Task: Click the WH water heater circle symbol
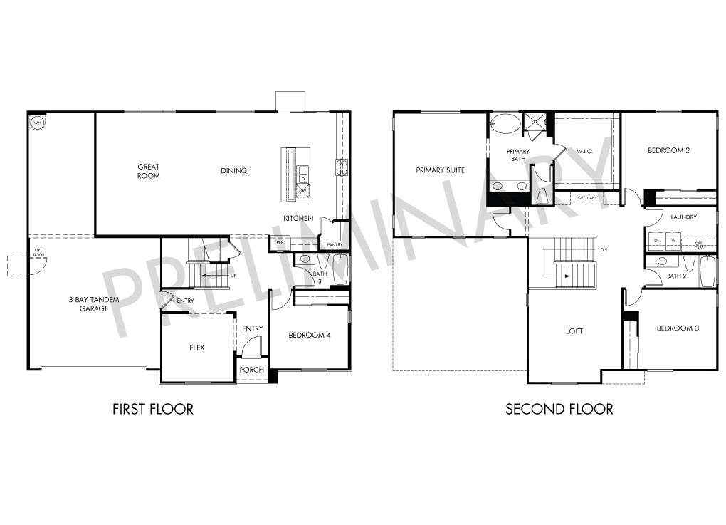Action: pos(36,123)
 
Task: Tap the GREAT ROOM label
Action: pos(149,171)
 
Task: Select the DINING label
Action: pos(233,171)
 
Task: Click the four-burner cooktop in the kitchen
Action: pos(341,167)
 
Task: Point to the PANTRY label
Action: pos(334,245)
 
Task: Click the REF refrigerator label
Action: pos(280,243)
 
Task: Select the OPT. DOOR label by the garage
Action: pos(38,251)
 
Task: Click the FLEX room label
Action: pos(197,348)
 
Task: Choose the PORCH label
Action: pos(251,370)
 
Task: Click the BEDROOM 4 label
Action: pos(309,335)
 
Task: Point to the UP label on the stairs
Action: pos(233,275)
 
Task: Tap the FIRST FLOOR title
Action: pos(153,409)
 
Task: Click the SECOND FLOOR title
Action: pos(559,409)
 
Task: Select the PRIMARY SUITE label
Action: pos(441,170)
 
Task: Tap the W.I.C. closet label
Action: pos(584,151)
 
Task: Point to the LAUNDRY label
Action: pos(683,217)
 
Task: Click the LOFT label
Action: pos(574,331)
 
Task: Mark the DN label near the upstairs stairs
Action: pos(604,250)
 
